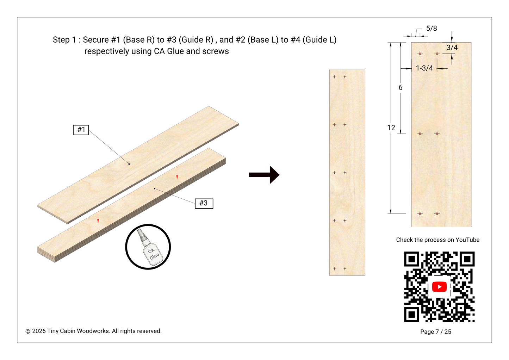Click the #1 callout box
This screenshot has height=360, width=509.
tap(81, 130)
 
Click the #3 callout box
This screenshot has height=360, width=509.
tap(204, 203)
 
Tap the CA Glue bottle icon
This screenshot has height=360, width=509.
tap(148, 247)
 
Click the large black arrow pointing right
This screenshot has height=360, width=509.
tap(264, 175)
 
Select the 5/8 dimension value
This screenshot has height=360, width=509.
tap(431, 29)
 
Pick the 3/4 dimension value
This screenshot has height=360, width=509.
tap(452, 48)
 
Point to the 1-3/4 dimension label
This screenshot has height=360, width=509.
tap(424, 68)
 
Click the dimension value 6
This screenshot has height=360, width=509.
tap(400, 88)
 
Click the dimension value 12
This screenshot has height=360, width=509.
tap(391, 128)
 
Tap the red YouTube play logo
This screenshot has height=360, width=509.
tap(439, 287)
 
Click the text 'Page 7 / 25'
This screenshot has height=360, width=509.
tap(435, 332)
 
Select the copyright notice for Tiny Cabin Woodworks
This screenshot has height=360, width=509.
tap(93, 331)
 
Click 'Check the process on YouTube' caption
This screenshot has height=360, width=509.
tap(437, 240)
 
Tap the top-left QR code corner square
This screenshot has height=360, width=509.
tap(411, 259)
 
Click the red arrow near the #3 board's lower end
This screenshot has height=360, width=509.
tap(98, 221)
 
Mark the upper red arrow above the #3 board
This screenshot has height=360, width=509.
tap(177, 177)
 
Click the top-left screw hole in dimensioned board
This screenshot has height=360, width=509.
tap(420, 54)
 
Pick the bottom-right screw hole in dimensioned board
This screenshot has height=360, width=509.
tap(437, 214)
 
